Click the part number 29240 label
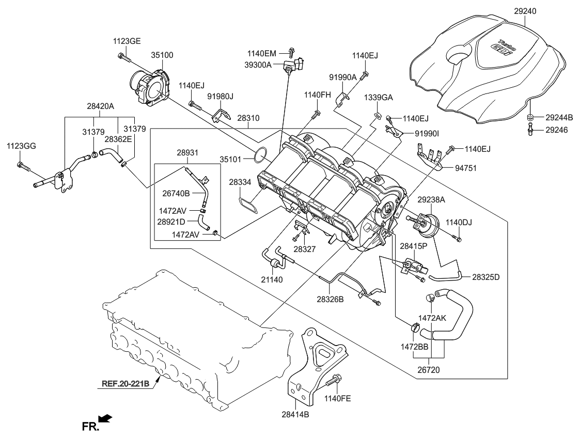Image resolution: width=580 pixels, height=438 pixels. point(525,10)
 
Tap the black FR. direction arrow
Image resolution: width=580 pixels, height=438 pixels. point(105,418)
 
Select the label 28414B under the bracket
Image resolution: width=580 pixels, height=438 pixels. point(295,414)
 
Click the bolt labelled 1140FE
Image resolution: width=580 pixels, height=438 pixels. point(334,381)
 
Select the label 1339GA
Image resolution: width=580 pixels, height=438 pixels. point(378,97)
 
